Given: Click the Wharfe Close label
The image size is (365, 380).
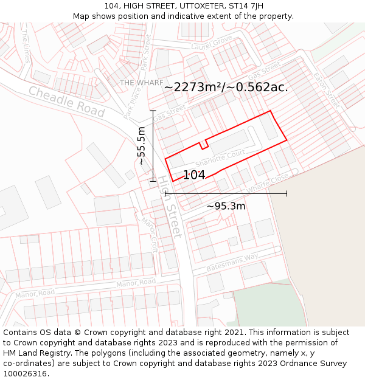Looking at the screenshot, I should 268,183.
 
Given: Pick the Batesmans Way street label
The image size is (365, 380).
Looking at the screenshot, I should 232,262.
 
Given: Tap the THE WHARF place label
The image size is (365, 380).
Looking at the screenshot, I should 141,83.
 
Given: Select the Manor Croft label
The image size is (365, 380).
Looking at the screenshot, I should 150,235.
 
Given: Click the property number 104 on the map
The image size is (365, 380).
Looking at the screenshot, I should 194,175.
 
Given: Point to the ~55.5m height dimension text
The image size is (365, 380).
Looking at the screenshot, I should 141,146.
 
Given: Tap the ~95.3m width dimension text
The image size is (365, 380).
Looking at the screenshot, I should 226,206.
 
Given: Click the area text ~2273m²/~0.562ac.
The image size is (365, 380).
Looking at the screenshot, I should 226,87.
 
